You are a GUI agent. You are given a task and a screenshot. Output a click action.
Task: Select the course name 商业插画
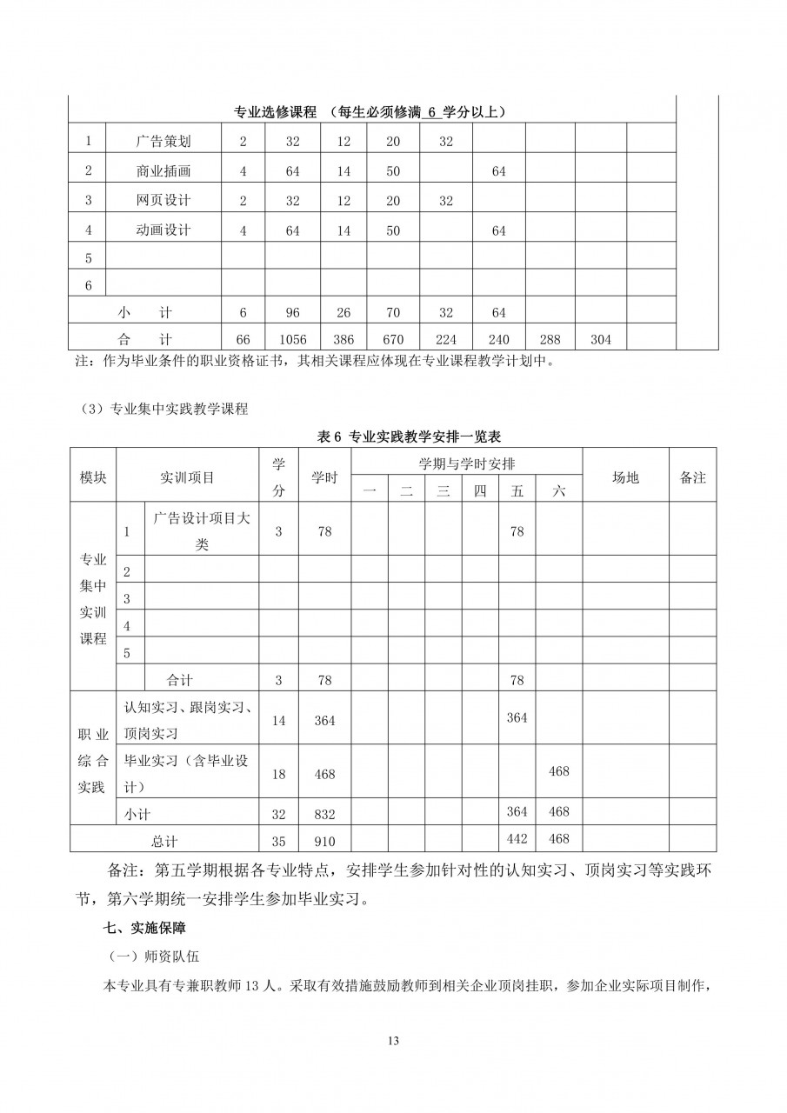(x=163, y=171)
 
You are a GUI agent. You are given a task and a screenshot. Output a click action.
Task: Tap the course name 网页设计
(x=163, y=201)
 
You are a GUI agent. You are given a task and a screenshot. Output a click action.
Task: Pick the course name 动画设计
(x=163, y=230)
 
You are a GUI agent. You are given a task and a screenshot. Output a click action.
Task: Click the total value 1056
(x=292, y=340)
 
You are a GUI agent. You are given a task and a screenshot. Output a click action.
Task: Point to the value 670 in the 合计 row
(x=393, y=340)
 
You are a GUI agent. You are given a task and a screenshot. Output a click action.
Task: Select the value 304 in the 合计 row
(x=600, y=340)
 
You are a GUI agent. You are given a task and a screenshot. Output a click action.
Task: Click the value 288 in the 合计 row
(x=550, y=340)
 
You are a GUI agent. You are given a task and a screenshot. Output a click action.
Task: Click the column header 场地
(x=625, y=477)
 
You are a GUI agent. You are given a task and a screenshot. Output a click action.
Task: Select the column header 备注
(x=692, y=477)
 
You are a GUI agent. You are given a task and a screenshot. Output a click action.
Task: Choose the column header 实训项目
(x=187, y=477)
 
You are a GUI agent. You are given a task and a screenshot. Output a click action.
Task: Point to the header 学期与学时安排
(x=466, y=464)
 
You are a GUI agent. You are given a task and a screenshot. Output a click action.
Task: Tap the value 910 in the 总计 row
(x=324, y=841)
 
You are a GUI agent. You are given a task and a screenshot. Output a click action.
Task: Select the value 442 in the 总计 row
(x=517, y=838)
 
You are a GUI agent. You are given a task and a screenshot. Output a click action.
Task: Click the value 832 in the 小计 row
(x=324, y=813)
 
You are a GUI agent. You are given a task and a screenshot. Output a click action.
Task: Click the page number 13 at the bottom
(x=393, y=1042)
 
